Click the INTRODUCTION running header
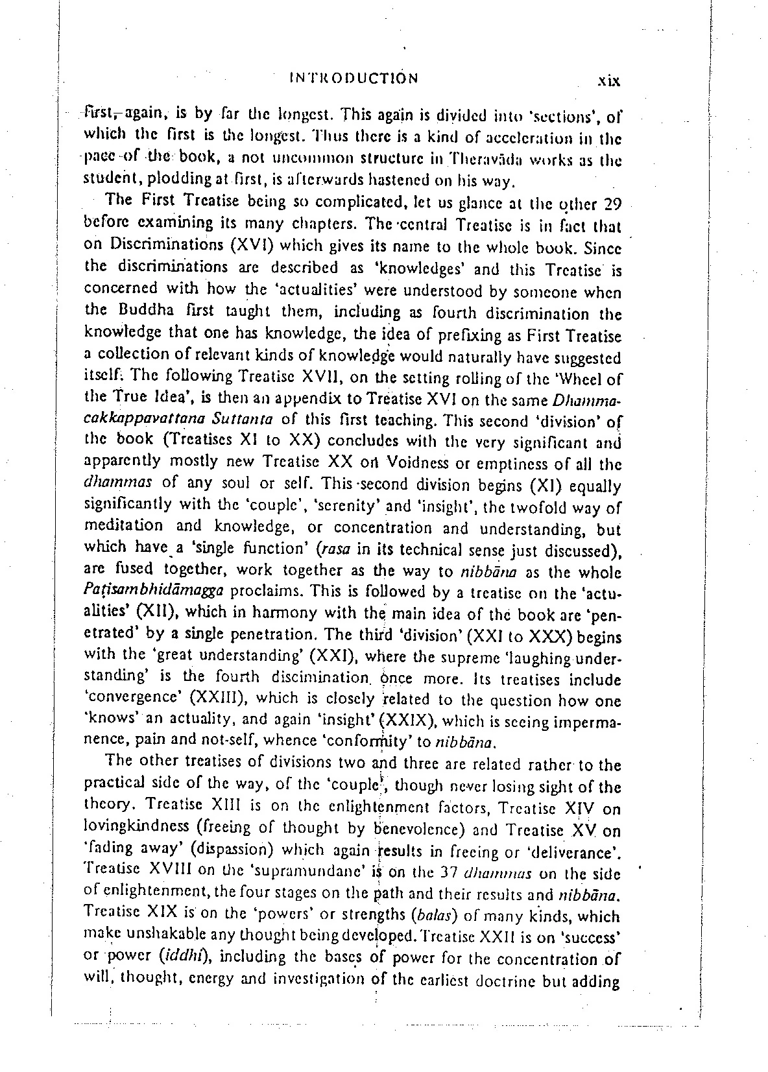tap(353, 79)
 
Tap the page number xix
tap(610, 81)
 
